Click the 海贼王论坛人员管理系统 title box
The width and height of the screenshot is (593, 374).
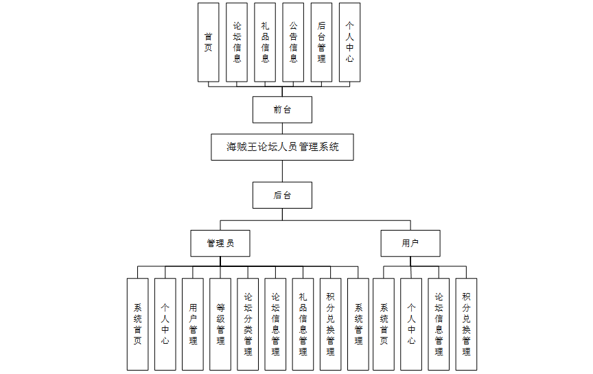[282, 147]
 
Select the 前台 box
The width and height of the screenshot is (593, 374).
[282, 110]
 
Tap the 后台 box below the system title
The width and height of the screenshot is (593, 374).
[282, 195]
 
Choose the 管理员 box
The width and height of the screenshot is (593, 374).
[220, 244]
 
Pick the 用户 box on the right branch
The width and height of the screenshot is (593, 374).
[410, 244]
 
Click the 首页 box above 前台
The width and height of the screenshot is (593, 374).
[208, 43]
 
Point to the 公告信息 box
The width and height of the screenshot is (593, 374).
[293, 43]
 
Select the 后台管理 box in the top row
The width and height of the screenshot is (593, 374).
[321, 43]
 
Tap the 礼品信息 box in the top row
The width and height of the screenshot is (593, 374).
[265, 43]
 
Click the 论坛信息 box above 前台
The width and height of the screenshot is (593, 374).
[237, 43]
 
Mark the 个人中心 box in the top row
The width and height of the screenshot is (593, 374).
[349, 43]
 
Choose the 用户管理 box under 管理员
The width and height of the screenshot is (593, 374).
[193, 324]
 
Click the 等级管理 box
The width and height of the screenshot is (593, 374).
[220, 324]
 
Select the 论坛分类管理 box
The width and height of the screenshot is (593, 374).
[248, 324]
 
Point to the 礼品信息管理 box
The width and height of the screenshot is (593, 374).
[303, 324]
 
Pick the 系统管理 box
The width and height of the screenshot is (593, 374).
[358, 324]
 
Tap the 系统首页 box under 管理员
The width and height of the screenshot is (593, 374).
[137, 324]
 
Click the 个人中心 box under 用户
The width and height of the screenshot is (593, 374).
[411, 324]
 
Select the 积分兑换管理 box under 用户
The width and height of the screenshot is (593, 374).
[466, 324]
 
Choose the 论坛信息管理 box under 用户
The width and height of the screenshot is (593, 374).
[439, 324]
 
